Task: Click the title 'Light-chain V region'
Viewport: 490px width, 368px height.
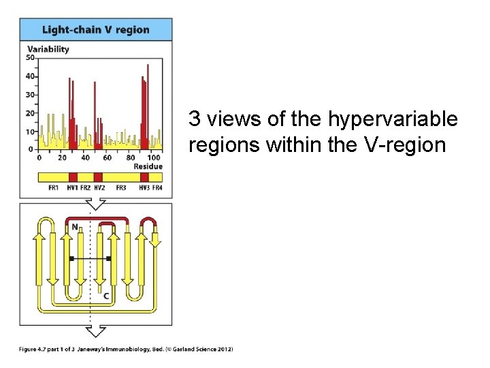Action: click(95, 29)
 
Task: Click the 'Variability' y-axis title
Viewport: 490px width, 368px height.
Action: click(48, 49)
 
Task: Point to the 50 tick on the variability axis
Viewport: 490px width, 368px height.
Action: click(30, 58)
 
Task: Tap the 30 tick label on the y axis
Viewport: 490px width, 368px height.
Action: click(30, 95)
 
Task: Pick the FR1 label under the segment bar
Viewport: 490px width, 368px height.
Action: click(54, 187)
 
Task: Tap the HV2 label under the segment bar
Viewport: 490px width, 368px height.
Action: click(99, 187)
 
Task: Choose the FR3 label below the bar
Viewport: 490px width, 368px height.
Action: click(121, 187)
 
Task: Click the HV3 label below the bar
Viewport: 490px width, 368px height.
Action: click(144, 187)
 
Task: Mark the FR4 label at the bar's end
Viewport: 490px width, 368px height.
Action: click(157, 187)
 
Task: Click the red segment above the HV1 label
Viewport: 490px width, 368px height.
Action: click(73, 177)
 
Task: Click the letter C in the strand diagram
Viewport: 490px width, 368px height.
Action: click(105, 296)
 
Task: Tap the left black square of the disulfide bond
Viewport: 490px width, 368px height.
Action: click(71, 258)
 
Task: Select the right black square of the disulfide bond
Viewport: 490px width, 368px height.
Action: click(109, 258)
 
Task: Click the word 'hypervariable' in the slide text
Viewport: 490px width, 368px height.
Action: click(393, 120)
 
